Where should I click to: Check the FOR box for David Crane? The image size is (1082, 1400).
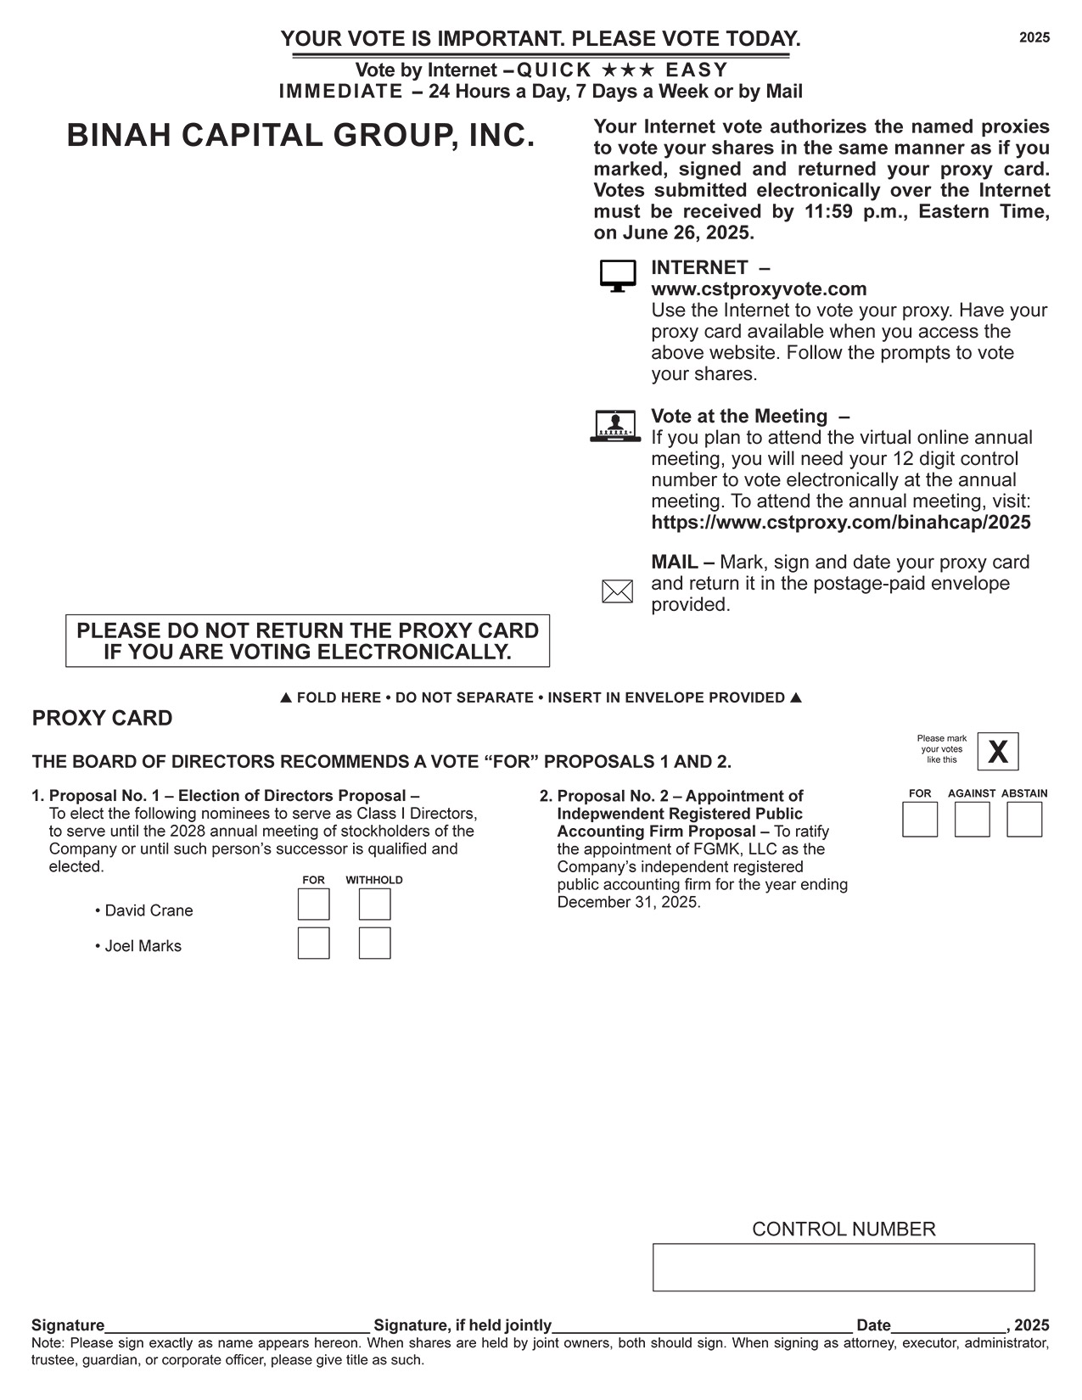pos(313,904)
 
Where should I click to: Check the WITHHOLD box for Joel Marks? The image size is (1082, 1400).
pos(374,944)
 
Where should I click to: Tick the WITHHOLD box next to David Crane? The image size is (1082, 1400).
pos(374,904)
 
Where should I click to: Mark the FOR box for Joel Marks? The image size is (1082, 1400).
pos(313,944)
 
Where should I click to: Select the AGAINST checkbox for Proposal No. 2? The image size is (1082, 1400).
pos(972,820)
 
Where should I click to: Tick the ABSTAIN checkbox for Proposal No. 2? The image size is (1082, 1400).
pos(1024,820)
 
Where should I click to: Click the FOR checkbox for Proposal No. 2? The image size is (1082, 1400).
pos(920,820)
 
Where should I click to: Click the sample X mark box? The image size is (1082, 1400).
pos(998,752)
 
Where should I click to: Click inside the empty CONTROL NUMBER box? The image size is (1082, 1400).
pos(844,1268)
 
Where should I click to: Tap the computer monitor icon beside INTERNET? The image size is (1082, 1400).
pos(618,276)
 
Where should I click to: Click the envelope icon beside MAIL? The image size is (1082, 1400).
pos(617,591)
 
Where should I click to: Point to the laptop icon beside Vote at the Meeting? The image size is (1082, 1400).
pos(615,426)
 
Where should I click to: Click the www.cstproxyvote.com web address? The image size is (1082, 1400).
pos(759,289)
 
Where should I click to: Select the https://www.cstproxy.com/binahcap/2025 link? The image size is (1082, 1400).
pos(841,523)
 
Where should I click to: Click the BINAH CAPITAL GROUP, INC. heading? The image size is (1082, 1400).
pos(301,136)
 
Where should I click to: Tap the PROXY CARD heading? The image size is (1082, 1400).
pos(102,719)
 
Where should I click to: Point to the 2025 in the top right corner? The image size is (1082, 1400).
pos(1034,37)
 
